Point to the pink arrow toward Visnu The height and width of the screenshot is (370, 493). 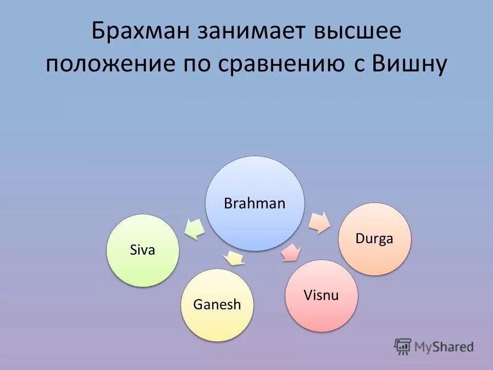291,253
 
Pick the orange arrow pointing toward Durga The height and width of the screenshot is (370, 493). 319,221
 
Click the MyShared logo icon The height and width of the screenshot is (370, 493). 403,346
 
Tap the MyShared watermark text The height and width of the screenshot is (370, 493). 444,347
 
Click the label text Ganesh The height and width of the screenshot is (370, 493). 217,305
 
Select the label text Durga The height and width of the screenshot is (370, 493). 374,239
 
